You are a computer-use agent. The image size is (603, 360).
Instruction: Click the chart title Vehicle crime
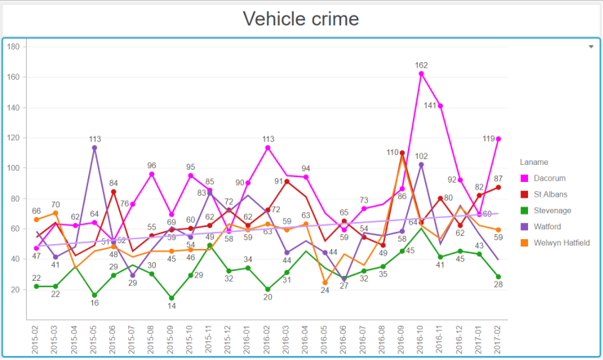301,18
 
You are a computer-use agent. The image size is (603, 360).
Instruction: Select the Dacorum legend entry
552,177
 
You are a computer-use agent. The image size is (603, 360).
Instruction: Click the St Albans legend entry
552,193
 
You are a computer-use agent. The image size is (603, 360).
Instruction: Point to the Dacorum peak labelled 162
421,73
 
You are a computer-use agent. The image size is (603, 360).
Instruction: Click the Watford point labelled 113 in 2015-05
95,148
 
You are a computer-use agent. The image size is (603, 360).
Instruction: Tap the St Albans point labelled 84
113,192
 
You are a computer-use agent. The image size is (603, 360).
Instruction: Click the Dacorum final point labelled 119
498,139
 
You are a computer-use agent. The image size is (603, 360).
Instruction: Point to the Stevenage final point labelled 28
498,277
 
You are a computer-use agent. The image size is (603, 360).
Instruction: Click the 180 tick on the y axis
13,47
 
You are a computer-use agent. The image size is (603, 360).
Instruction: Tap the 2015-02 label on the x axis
36,337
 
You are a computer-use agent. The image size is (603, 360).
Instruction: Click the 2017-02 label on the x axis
498,337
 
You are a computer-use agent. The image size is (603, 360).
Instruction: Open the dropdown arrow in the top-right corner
591,47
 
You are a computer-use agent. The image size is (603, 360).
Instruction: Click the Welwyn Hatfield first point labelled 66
37,220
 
